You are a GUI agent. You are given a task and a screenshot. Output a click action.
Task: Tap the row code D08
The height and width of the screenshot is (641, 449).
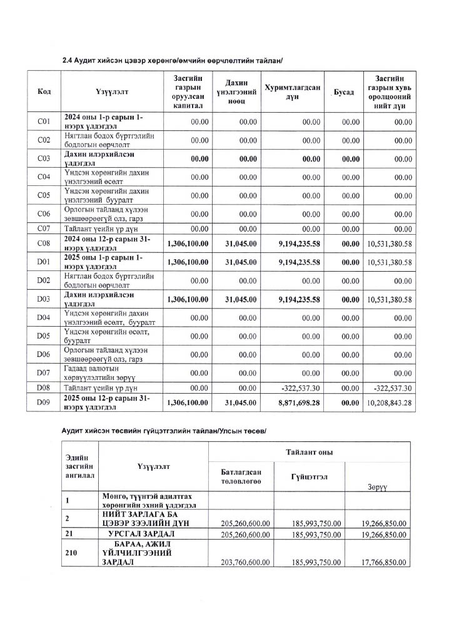point(44,388)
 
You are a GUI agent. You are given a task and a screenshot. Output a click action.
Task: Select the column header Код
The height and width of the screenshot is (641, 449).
point(44,92)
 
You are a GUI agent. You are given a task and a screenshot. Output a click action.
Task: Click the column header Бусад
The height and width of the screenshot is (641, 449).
point(343,93)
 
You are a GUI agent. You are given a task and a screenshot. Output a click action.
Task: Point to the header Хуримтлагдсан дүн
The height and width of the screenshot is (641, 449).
point(293,92)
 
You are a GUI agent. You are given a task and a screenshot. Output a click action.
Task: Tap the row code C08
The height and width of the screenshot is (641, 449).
point(44,244)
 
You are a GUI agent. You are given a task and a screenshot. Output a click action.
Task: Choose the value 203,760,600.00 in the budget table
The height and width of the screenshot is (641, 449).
point(245,562)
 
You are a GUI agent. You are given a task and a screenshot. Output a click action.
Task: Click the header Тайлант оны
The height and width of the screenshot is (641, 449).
point(309,452)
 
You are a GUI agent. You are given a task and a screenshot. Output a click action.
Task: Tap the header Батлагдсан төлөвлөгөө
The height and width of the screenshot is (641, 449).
point(241,476)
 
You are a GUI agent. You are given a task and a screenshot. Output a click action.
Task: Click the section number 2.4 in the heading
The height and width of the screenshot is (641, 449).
point(67,60)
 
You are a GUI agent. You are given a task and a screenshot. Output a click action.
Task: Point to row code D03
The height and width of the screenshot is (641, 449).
point(44,300)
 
